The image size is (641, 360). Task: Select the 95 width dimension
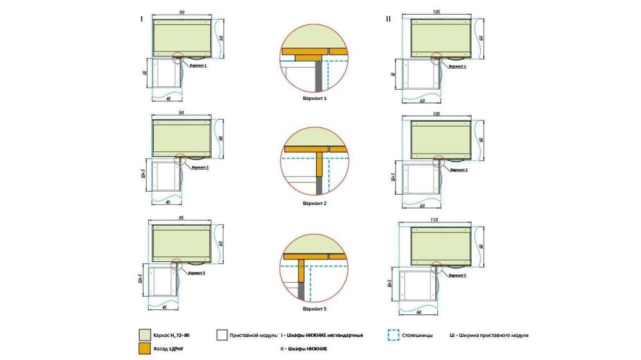tap(182, 218)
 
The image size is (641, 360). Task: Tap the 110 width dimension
tap(438, 219)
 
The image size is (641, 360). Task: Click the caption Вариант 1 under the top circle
tap(315, 99)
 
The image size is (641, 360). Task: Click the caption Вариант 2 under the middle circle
tap(315, 204)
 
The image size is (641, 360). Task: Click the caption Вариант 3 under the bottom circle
tap(315, 309)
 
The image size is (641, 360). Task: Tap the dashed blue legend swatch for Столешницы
tap(394, 335)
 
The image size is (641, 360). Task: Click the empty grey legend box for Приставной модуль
tap(222, 335)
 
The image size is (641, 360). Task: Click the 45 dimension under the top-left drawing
tap(168, 99)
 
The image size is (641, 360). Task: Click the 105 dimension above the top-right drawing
tap(438, 12)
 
